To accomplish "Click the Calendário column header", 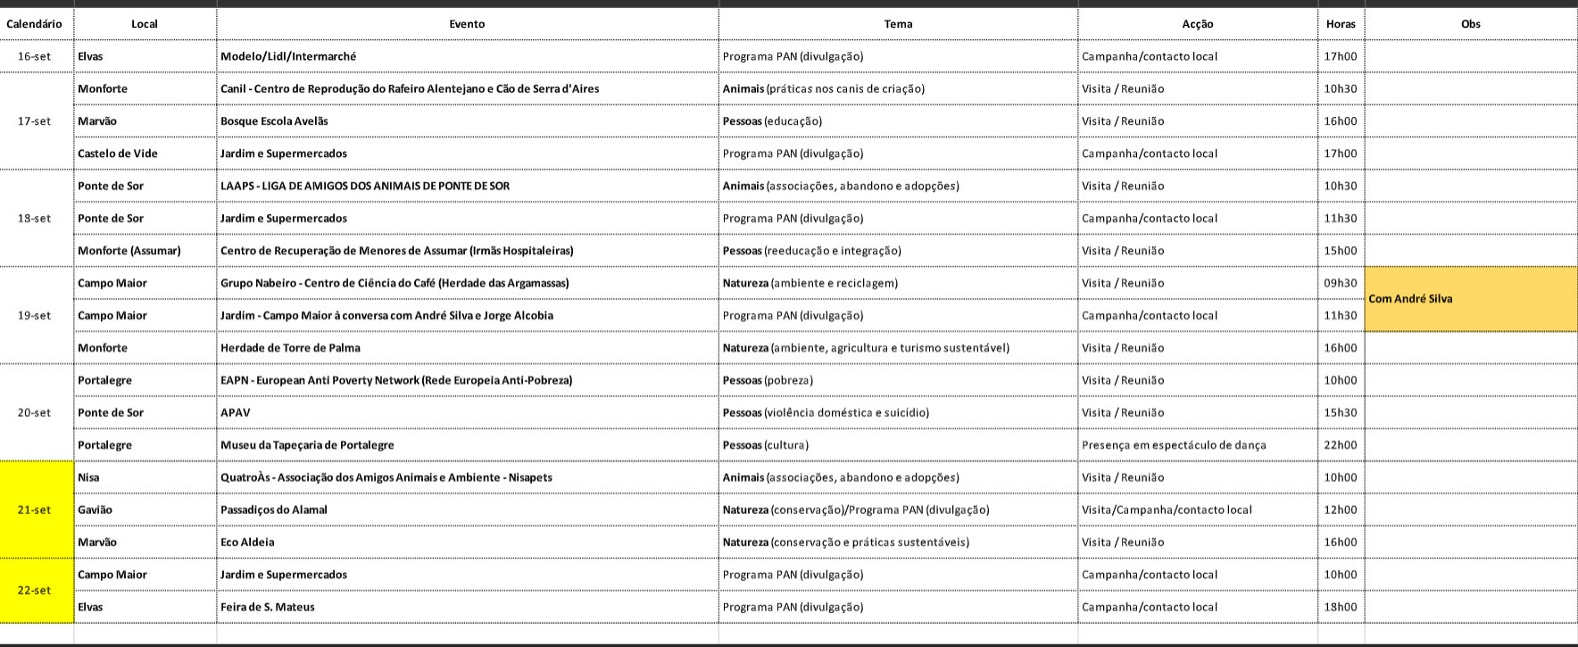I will [35, 24].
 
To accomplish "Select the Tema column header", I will [898, 24].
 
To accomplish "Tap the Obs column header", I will [1470, 24].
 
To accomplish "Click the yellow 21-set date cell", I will [36, 510].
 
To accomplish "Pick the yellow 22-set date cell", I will [36, 590].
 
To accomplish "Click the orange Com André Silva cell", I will [1470, 299].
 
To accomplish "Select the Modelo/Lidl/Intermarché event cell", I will [288, 56].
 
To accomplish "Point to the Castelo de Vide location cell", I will [118, 153].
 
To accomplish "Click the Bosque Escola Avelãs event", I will [274, 121].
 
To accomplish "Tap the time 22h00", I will [1340, 445].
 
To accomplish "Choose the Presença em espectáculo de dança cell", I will [1174, 445].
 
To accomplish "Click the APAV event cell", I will [236, 412].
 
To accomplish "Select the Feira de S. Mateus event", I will [268, 607].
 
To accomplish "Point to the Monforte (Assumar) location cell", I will [129, 251].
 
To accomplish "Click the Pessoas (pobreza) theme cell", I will [768, 380].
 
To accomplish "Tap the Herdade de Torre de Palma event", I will [290, 348].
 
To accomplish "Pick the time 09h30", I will [1340, 283].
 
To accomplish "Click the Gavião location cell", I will [96, 510].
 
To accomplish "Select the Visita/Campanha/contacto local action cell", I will [1167, 510].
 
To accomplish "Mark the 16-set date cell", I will [35, 56].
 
